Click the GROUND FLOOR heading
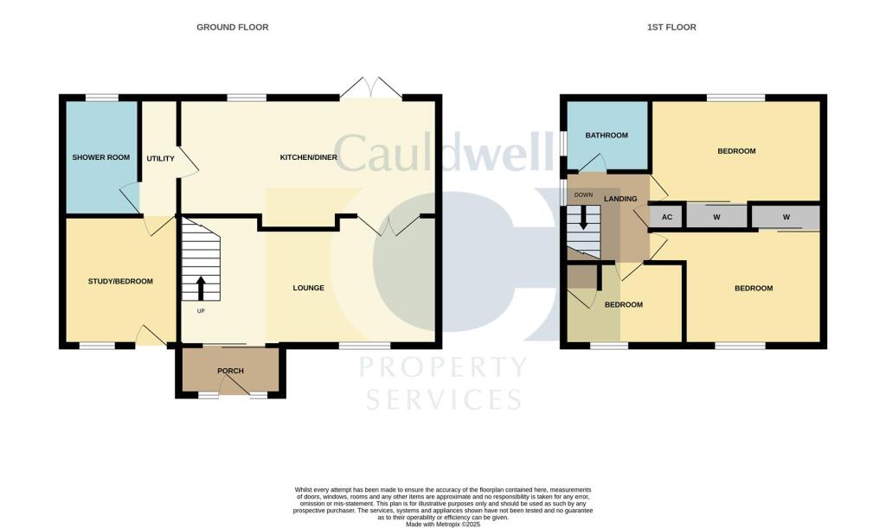pyautogui.click(x=232, y=27)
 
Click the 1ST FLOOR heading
pyautogui.click(x=671, y=27)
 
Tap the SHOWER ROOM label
pyautogui.click(x=101, y=157)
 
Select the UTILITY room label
pyautogui.click(x=160, y=158)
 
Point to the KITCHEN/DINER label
pyautogui.click(x=309, y=157)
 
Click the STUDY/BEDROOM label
pyautogui.click(x=120, y=282)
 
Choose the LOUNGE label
pyautogui.click(x=309, y=288)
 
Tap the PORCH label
pyautogui.click(x=230, y=371)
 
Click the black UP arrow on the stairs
pyautogui.click(x=201, y=289)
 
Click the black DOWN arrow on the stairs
pyautogui.click(x=584, y=217)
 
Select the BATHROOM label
pyautogui.click(x=607, y=136)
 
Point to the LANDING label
pyautogui.click(x=620, y=199)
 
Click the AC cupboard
pyautogui.click(x=667, y=217)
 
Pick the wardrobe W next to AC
pyautogui.click(x=716, y=217)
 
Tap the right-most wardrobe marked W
pyautogui.click(x=786, y=217)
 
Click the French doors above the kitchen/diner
pyautogui.click(x=371, y=89)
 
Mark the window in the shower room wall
pyautogui.click(x=102, y=99)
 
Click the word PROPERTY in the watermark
pyautogui.click(x=444, y=367)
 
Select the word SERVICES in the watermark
pyautogui.click(x=444, y=399)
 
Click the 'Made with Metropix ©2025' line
pyautogui.click(x=443, y=524)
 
